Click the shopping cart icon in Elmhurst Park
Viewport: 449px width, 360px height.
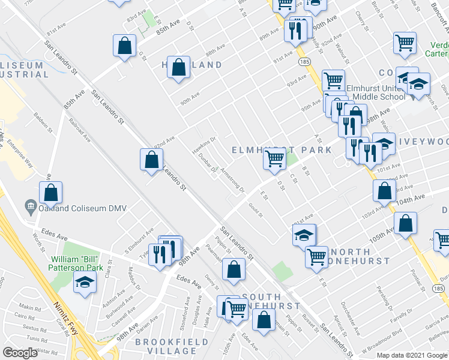274,159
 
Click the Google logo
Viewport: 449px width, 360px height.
20,353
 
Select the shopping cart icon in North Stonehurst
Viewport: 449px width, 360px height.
316,258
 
